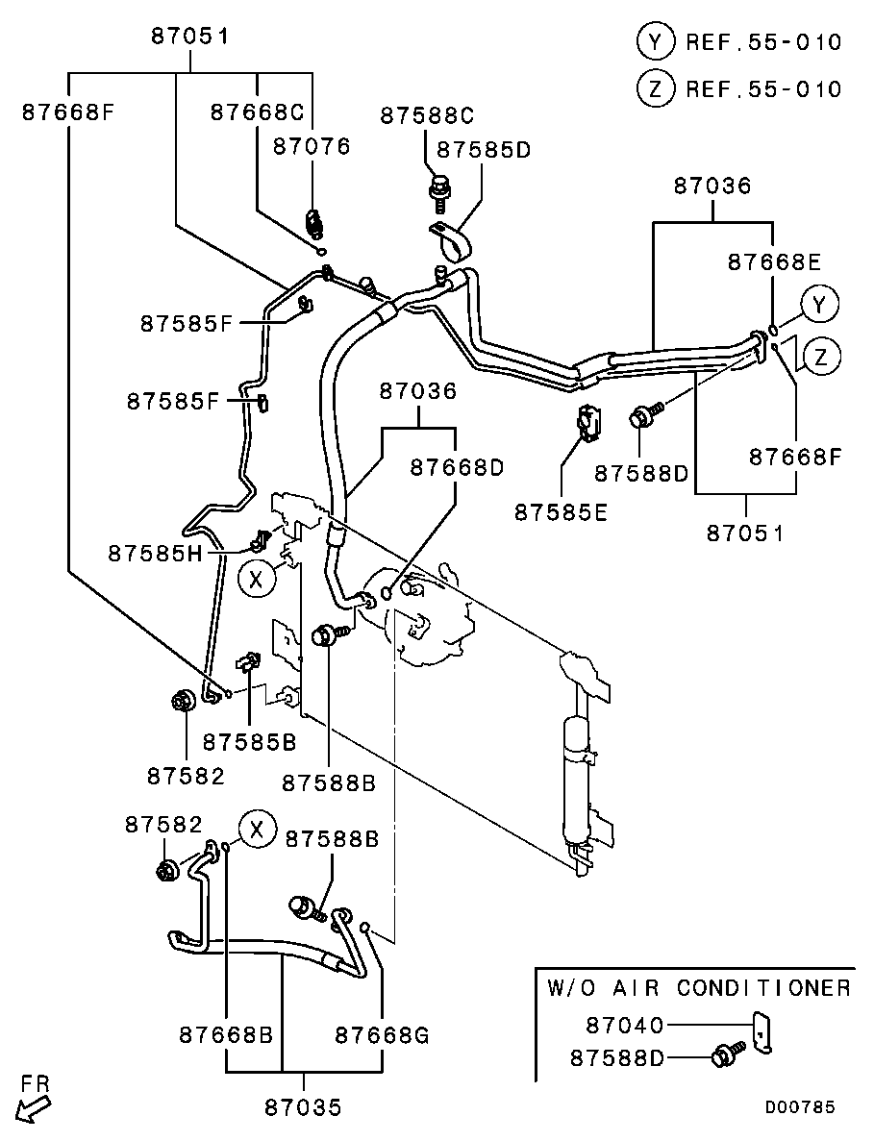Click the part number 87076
pos(312,146)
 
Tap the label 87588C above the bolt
pos(427,116)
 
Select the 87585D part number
pos(484,150)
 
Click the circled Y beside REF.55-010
pos(655,41)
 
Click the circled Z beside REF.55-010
pos(655,89)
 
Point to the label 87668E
pos(774,261)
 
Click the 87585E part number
pos(561,512)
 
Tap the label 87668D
pos(457,467)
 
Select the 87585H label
pos(155,553)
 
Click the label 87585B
pos(249,741)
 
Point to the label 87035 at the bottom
pos(303,1107)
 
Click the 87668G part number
pos(382,1035)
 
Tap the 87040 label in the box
pos(624,1026)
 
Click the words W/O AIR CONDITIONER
pos(698,988)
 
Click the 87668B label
pos(226,1035)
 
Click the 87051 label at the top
pos(189,37)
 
